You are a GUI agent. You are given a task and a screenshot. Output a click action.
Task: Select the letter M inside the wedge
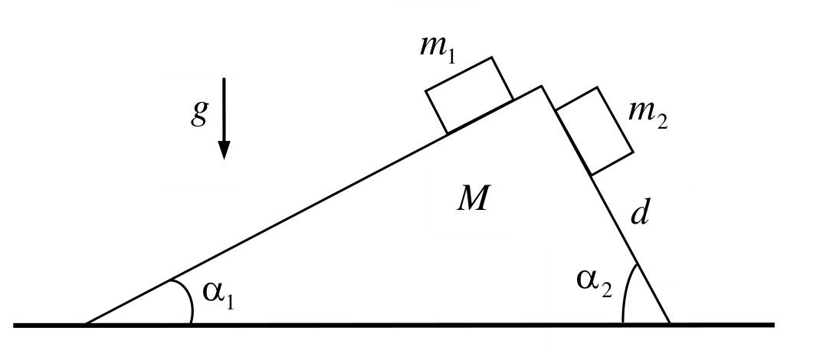pyautogui.click(x=472, y=199)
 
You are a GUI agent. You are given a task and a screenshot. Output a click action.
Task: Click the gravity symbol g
pyautogui.click(x=200, y=113)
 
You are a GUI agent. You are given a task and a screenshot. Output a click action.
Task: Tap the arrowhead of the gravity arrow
pyautogui.click(x=224, y=149)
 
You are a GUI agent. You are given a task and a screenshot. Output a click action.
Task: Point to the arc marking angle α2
pyautogui.click(x=626, y=291)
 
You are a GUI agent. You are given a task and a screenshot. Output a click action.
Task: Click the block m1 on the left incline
pyautogui.click(x=469, y=95)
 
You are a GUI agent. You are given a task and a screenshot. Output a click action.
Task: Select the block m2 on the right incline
pyautogui.click(x=594, y=130)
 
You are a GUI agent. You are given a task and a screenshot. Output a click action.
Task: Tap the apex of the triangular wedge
pyautogui.click(x=541, y=86)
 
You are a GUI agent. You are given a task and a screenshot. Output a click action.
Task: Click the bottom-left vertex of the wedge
pyautogui.click(x=86, y=324)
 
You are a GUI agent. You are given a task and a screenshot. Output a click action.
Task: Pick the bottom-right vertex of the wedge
pyautogui.click(x=670, y=324)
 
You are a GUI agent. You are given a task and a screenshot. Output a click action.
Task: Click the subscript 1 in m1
pyautogui.click(x=451, y=56)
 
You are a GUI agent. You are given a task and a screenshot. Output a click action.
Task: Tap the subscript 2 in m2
pyautogui.click(x=661, y=122)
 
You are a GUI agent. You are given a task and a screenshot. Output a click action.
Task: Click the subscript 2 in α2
pyautogui.click(x=607, y=290)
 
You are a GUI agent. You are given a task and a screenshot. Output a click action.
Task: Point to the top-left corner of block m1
pyautogui.click(x=425, y=91)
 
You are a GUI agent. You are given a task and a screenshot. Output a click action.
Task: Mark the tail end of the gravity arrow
pyautogui.click(x=224, y=78)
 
